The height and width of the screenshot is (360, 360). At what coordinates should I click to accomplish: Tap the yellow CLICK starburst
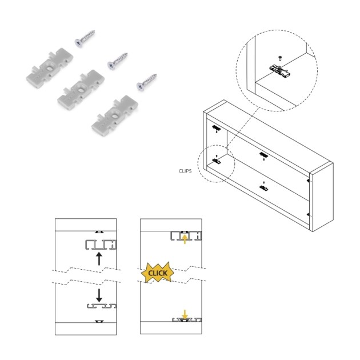pos(158,273)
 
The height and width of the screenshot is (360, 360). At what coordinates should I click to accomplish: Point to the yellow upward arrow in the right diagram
pos(185,238)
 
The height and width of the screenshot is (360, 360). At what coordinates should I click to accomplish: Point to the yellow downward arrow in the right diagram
pos(185,314)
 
